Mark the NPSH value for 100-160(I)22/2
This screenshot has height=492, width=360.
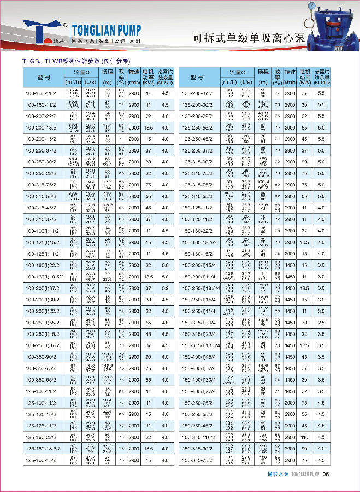[x=165, y=265]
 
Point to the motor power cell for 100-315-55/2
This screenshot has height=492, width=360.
[x=147, y=196]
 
